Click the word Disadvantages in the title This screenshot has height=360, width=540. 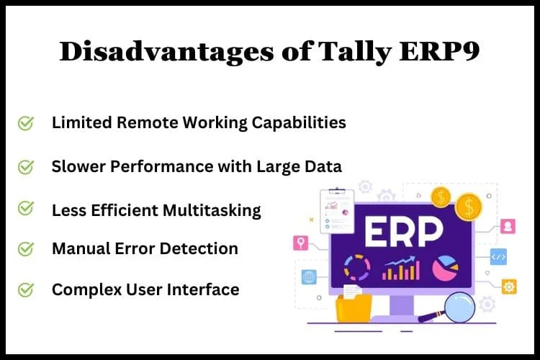[x=167, y=52]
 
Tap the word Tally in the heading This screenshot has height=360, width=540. [x=354, y=53]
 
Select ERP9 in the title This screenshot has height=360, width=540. [x=439, y=52]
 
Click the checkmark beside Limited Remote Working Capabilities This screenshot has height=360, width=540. [x=26, y=123]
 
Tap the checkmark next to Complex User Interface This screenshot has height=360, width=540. [x=26, y=289]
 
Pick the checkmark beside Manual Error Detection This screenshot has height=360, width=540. [x=26, y=248]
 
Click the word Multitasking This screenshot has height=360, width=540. [x=212, y=211]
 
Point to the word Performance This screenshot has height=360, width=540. [x=162, y=167]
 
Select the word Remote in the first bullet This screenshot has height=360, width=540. [x=148, y=122]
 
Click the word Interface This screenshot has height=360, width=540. [x=203, y=289]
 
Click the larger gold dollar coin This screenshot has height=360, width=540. [x=469, y=207]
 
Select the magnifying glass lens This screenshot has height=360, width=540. [x=459, y=307]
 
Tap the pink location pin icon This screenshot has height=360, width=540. [x=301, y=243]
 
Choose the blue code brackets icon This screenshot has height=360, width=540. [x=499, y=257]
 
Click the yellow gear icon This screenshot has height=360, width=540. [x=509, y=287]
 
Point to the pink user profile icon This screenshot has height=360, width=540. [x=508, y=226]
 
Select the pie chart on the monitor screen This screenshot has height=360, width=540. [x=446, y=268]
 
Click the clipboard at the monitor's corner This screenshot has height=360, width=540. [x=337, y=211]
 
